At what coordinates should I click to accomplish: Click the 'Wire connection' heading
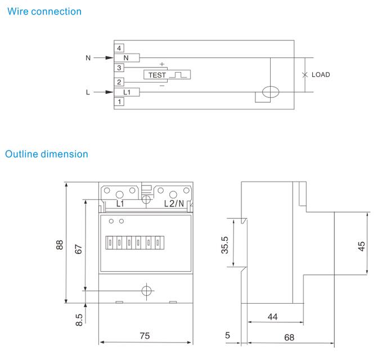[x=44, y=11]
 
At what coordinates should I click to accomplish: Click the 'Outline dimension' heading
[x=47, y=154]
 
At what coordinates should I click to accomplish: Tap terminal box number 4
[x=119, y=48]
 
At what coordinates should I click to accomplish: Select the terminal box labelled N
[x=127, y=57]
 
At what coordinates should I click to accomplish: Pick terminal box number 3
[x=119, y=68]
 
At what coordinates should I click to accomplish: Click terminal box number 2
[x=119, y=82]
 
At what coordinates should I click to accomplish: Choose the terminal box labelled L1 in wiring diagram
[x=127, y=92]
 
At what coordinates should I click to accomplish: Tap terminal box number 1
[x=119, y=101]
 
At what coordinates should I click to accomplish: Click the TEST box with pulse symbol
[x=167, y=74]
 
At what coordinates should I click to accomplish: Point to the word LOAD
[x=321, y=75]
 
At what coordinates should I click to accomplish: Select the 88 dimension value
[x=60, y=246]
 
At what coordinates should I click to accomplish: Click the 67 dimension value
[x=79, y=248]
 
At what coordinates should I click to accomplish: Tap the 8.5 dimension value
[x=79, y=319]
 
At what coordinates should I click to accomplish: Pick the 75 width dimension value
[x=145, y=335]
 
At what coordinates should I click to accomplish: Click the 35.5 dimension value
[x=225, y=245]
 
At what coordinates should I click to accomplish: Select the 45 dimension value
[x=362, y=246]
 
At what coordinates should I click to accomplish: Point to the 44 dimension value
[x=272, y=317]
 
